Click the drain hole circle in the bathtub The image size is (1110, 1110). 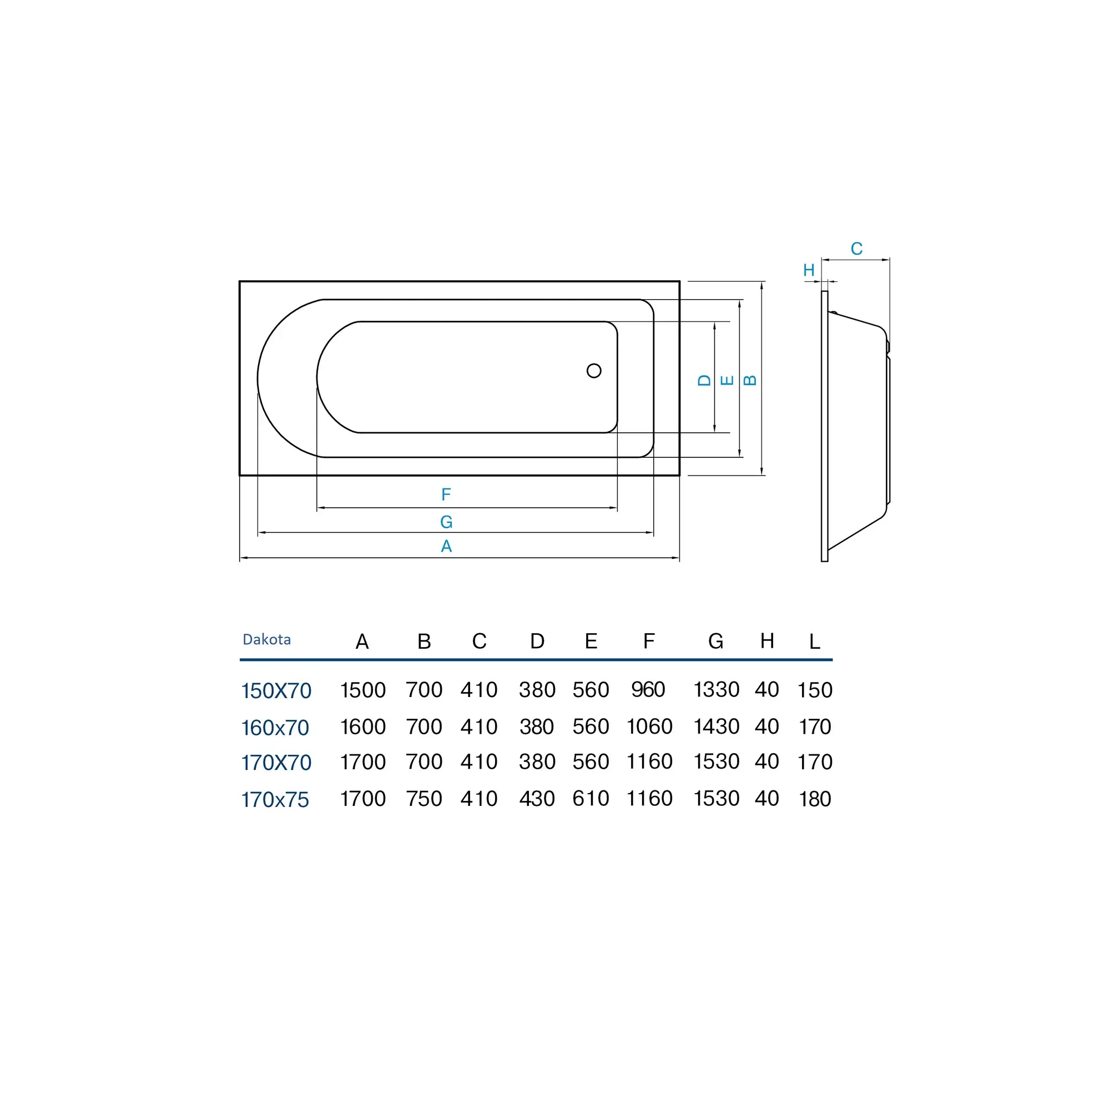[x=594, y=371]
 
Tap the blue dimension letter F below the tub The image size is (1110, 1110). [x=446, y=494]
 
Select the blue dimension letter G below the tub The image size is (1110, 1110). [x=446, y=522]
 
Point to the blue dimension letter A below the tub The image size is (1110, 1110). [x=446, y=546]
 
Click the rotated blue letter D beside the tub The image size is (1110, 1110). [x=704, y=380]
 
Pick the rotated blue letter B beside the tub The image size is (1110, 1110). [x=750, y=380]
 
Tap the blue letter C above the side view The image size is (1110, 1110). [x=856, y=249]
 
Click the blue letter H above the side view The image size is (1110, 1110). [x=809, y=270]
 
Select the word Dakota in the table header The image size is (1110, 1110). [x=266, y=639]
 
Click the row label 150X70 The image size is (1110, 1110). [x=276, y=690]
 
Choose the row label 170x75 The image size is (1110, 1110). [x=275, y=800]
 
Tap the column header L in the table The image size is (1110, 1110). [x=815, y=641]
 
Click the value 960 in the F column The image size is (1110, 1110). [x=648, y=689]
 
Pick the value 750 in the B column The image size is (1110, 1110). [x=424, y=799]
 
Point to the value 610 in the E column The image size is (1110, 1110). [x=591, y=799]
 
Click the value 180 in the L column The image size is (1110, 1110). [x=815, y=799]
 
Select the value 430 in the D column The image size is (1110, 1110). [x=537, y=799]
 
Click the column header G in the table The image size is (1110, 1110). [x=716, y=641]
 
